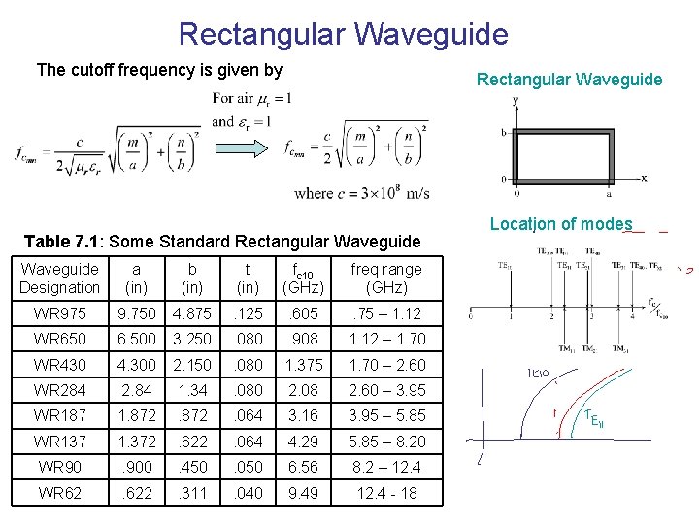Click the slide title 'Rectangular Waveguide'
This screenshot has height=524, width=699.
343,35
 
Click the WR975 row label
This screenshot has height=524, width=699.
59,313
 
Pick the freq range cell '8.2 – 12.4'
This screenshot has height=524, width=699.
386,467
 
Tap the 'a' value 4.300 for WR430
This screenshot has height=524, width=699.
136,365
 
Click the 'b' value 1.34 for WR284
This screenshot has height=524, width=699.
192,390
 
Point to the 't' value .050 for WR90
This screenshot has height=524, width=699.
248,467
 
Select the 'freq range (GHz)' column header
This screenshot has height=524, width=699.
386,278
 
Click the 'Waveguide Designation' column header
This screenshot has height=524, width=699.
59,278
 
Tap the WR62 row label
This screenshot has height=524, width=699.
59,492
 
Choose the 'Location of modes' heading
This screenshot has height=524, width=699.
561,224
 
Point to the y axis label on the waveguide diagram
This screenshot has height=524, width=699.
515,100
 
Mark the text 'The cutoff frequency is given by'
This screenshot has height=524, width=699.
159,70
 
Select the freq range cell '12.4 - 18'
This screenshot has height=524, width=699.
386,492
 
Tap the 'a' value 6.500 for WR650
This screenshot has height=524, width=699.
136,339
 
